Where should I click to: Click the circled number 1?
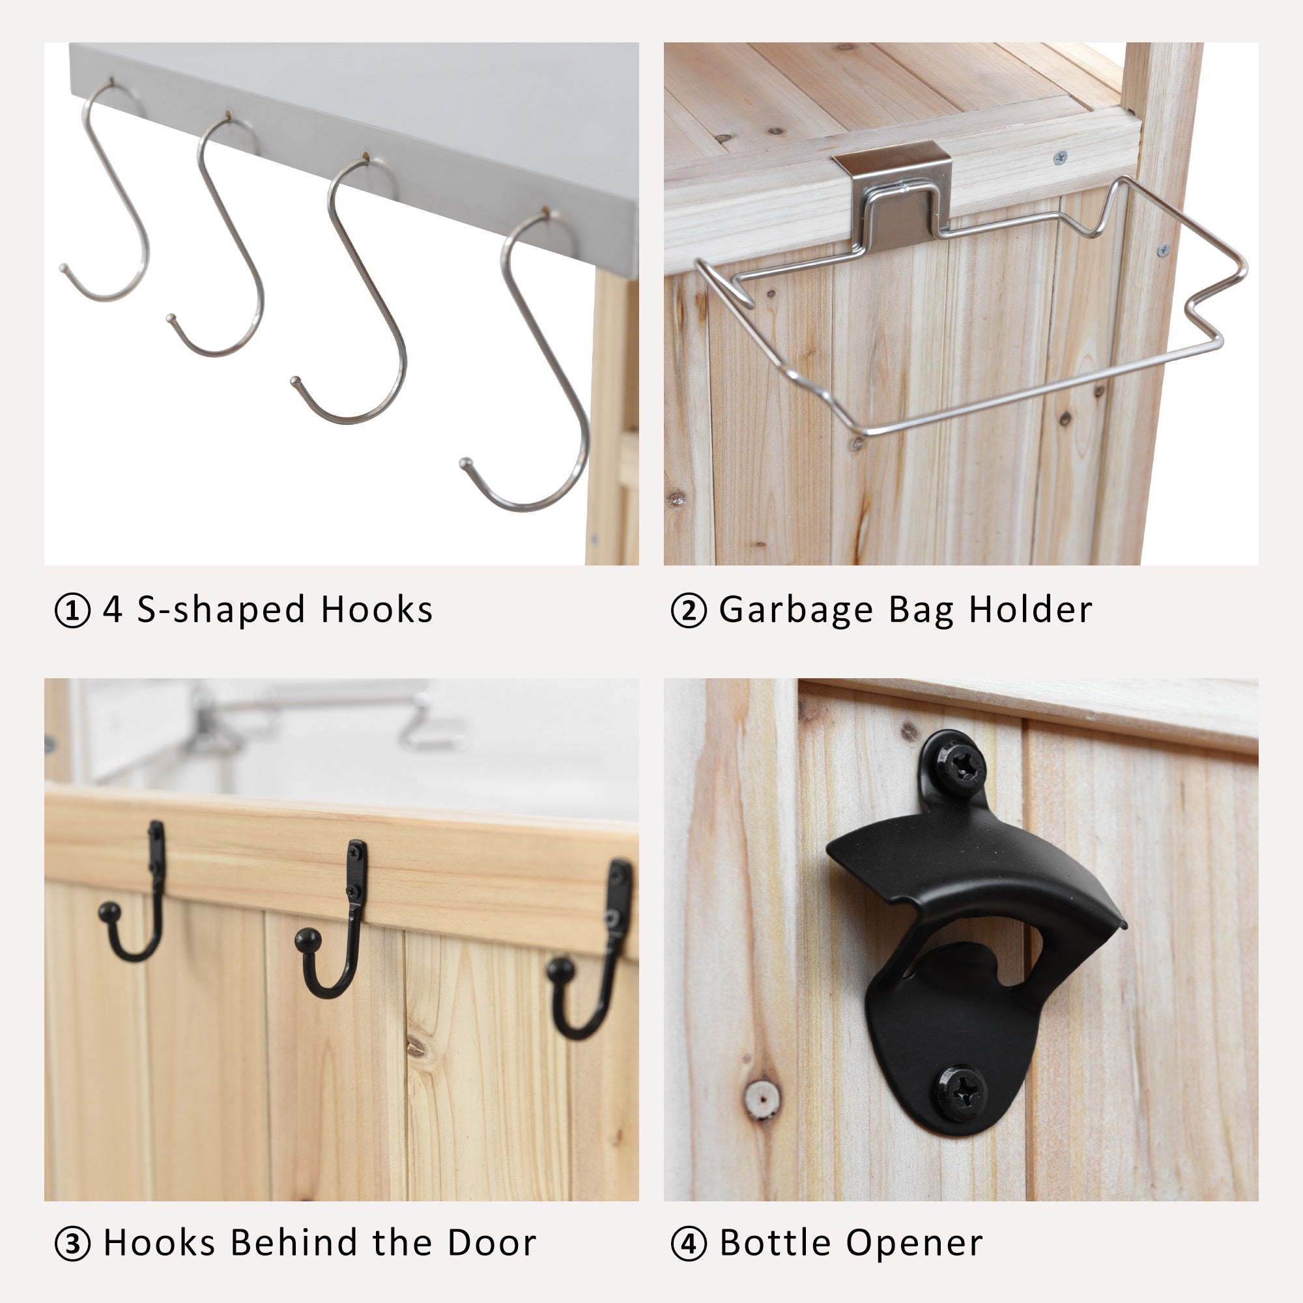72,610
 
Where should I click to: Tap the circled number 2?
689,610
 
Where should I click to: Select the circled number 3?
72,1244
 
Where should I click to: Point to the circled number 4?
689,1244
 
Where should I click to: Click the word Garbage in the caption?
797,611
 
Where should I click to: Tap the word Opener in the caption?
915,1243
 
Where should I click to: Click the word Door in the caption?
493,1243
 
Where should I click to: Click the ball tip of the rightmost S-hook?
465,463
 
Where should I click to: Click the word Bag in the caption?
921,611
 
